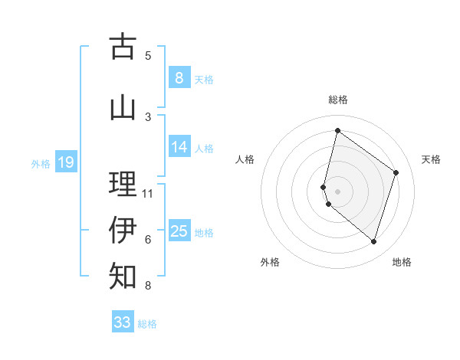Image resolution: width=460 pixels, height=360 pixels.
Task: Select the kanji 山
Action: [123, 106]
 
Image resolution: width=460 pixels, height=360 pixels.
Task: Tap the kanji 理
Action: [123, 184]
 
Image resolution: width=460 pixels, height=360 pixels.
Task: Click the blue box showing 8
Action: [179, 77]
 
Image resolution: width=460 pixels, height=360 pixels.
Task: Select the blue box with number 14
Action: [179, 147]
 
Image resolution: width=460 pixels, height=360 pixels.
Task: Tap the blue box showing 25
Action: [179, 231]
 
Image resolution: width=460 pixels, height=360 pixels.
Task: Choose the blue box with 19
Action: [65, 162]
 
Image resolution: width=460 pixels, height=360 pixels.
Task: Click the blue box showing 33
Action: [123, 322]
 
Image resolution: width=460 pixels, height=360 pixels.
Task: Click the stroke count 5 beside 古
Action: [148, 55]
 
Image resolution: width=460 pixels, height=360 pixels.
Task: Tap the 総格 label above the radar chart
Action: [337, 100]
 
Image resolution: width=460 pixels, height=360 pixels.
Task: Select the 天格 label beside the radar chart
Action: [431, 159]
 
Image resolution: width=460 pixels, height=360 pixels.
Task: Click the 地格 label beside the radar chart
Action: [402, 262]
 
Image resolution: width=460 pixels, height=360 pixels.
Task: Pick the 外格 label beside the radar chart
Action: [270, 262]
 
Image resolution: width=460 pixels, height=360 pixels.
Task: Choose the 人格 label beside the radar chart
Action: [245, 159]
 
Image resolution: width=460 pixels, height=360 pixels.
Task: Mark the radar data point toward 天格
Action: [396, 172]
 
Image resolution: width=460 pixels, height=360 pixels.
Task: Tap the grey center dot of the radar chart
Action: [337, 191]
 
